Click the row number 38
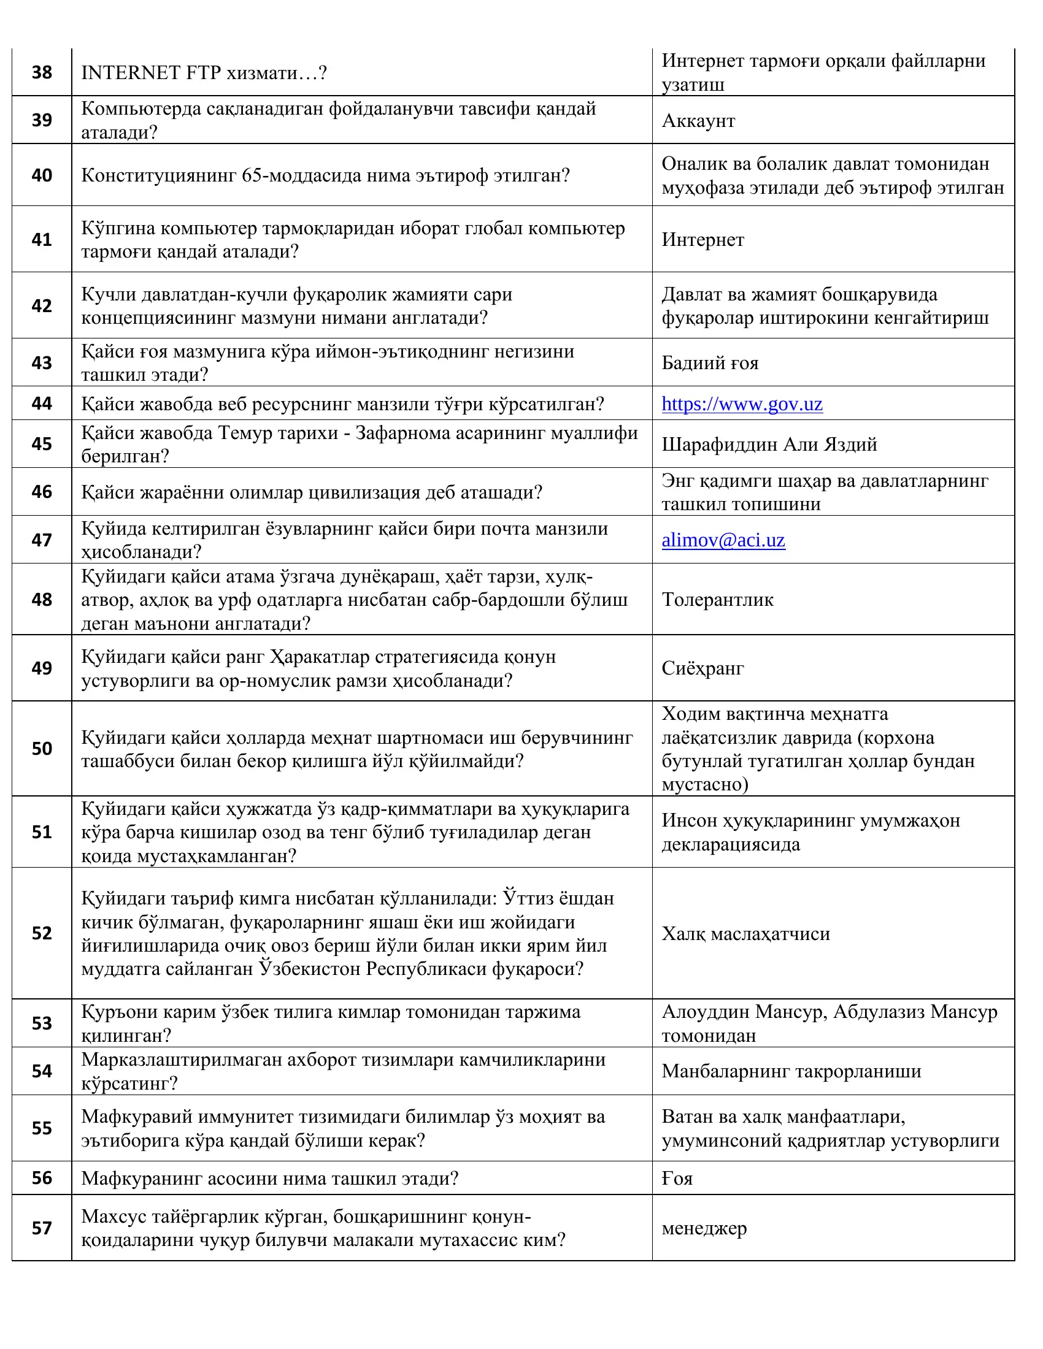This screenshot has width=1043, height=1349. (x=42, y=72)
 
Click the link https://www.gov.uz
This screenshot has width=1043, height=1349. (x=742, y=404)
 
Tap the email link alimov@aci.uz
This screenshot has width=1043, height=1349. (x=723, y=540)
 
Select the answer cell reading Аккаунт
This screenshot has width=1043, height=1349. (x=698, y=120)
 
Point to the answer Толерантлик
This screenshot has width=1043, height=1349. (x=717, y=599)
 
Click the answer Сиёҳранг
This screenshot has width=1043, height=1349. (x=702, y=668)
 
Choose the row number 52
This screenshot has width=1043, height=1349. (x=42, y=933)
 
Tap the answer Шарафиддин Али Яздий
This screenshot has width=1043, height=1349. (x=769, y=444)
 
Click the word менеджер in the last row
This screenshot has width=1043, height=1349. (x=704, y=1228)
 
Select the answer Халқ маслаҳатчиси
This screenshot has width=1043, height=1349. (x=746, y=933)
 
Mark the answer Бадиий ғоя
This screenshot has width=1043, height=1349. (x=710, y=362)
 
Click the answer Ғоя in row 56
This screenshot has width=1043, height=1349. (x=677, y=1178)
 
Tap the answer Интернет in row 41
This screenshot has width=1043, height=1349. (x=702, y=239)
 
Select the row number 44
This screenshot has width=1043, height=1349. (x=42, y=403)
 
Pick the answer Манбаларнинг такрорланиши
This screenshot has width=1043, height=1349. (x=791, y=1071)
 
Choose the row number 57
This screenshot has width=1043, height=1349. (x=42, y=1228)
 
